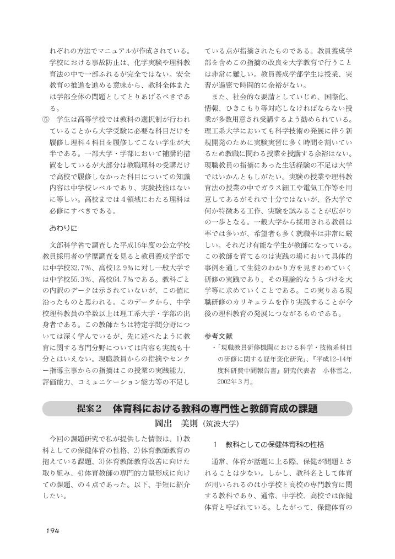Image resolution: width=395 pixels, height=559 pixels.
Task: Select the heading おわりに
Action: click(64, 227)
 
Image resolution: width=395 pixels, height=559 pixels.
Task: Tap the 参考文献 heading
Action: click(219, 336)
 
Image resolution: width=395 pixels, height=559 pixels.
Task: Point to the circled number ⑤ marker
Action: click(45, 119)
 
